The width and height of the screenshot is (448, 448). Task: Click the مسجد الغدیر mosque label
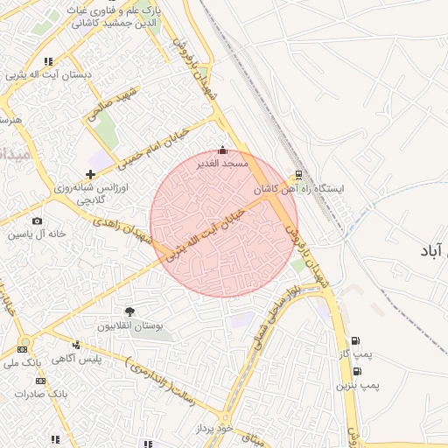pyautogui.click(x=224, y=163)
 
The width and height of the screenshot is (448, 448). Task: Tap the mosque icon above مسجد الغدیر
pyautogui.click(x=222, y=150)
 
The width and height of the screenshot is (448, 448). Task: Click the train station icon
pyautogui.click(x=299, y=174)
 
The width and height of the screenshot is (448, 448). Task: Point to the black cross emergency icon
pyautogui.click(x=91, y=174)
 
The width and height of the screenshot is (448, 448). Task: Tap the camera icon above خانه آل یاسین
pyautogui.click(x=37, y=221)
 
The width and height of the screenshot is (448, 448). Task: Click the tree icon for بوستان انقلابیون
pyautogui.click(x=130, y=311)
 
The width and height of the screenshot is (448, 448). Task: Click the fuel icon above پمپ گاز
pyautogui.click(x=355, y=341)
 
